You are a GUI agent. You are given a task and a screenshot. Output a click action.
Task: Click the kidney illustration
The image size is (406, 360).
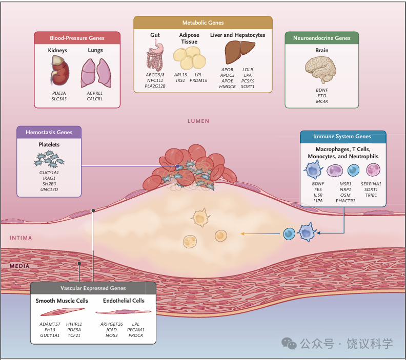click(60, 71)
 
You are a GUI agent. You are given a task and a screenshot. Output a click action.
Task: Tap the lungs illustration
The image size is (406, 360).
click(96, 73)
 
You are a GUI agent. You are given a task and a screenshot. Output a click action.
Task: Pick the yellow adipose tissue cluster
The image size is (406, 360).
click(190, 58)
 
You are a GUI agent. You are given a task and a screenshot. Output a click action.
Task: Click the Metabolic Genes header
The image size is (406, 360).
click(203, 23)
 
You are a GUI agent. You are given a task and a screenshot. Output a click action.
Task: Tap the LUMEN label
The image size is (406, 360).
click(198, 121)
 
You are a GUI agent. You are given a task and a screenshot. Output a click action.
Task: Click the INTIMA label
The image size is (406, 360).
click(21, 238)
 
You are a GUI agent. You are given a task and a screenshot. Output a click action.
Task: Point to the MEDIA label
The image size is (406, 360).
click(19, 266)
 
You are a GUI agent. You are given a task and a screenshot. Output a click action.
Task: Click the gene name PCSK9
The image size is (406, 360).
click(248, 81)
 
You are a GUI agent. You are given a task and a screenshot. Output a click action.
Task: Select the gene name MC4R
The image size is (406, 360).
click(322, 101)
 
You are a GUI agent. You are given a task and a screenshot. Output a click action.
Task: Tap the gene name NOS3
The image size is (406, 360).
click(112, 335)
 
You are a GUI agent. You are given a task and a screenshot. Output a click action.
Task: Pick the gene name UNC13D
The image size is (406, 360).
click(49, 189)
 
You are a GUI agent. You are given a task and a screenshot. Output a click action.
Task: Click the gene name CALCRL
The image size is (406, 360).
click(95, 99)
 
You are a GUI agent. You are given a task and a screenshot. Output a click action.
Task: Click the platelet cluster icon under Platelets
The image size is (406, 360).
click(49, 159)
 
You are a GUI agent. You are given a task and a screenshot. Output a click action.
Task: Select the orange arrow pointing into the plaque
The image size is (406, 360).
click(260, 234)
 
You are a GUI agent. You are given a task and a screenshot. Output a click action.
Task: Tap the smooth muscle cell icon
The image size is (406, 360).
click(63, 312)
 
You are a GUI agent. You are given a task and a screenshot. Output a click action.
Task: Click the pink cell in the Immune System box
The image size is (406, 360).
click(373, 170)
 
